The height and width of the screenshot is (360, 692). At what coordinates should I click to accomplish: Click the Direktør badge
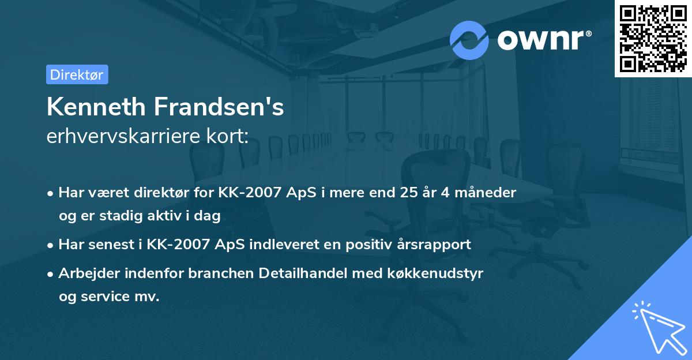[x=77, y=74]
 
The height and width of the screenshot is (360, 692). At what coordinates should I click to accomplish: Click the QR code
[x=653, y=38]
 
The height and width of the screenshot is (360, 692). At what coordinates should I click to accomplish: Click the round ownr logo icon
[x=469, y=40]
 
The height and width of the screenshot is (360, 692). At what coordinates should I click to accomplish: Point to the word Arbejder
[x=85, y=273]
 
